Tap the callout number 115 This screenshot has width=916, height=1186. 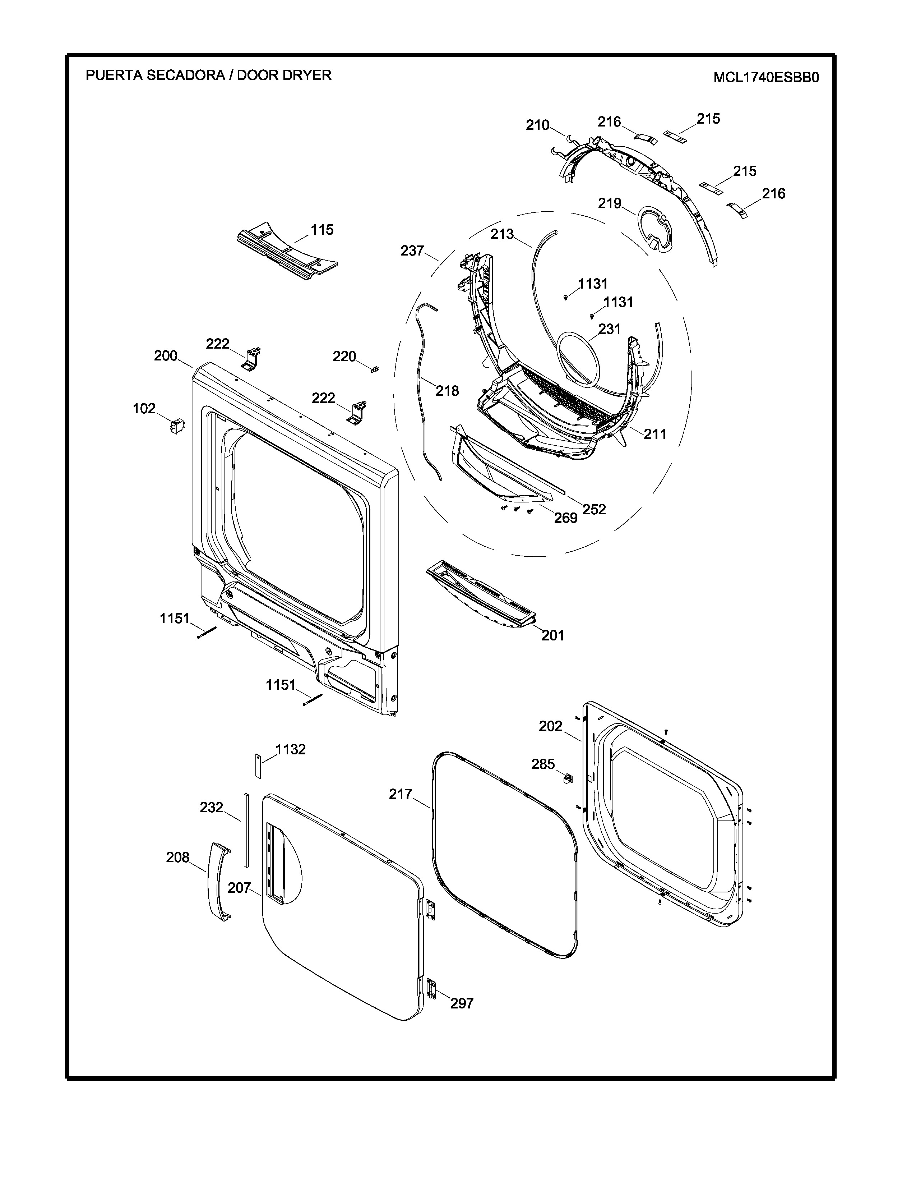(322, 230)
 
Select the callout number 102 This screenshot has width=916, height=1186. (144, 408)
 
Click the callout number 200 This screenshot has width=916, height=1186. (166, 356)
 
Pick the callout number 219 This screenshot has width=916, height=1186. (609, 203)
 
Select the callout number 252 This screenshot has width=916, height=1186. (594, 509)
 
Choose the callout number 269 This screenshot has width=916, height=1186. (565, 518)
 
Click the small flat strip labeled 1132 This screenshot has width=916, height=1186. (258, 766)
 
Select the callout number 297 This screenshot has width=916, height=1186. (462, 1003)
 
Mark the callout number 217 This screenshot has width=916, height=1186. (401, 794)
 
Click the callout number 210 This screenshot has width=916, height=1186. (537, 125)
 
